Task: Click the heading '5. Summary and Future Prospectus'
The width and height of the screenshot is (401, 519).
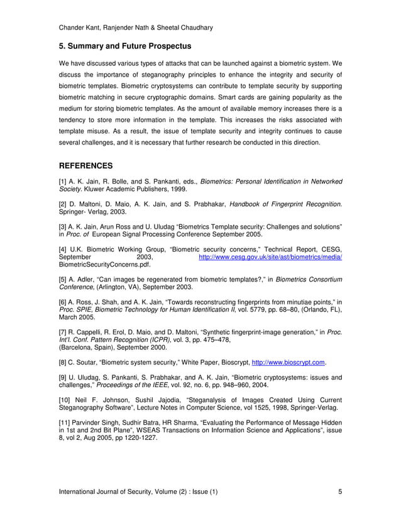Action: [x=124, y=46]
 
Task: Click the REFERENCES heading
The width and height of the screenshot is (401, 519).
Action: [x=85, y=167]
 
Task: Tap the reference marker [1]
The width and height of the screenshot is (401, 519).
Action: [x=63, y=182]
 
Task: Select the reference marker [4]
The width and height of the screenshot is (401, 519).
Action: [x=63, y=249]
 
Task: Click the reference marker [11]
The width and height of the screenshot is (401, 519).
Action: [x=65, y=423]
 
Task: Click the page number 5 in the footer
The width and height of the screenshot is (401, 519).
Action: [x=339, y=491]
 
